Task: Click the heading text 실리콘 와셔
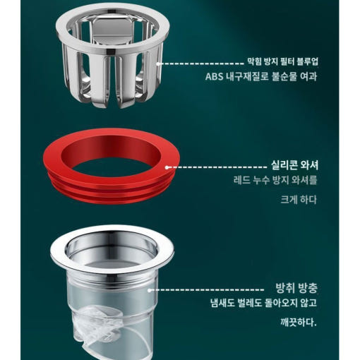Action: click(x=295, y=164)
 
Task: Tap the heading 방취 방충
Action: click(x=296, y=287)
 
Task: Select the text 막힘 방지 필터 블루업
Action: click(x=282, y=61)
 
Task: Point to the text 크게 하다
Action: click(x=299, y=200)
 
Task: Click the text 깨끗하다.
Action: click(x=299, y=322)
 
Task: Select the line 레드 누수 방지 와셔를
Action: click(x=275, y=180)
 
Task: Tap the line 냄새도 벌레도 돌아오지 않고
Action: click(x=263, y=303)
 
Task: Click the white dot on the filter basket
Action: click(x=158, y=64)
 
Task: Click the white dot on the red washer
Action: click(x=167, y=167)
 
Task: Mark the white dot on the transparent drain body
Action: click(x=149, y=290)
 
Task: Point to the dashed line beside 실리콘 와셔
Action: click(x=218, y=167)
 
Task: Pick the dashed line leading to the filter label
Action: click(x=203, y=64)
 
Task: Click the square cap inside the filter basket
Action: click(x=111, y=30)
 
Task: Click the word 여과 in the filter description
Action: click(x=308, y=76)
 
